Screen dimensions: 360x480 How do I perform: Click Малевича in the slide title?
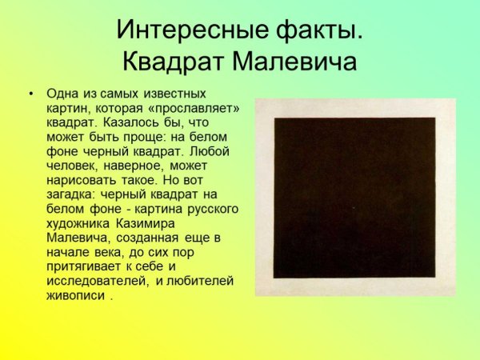[x=296, y=61]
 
